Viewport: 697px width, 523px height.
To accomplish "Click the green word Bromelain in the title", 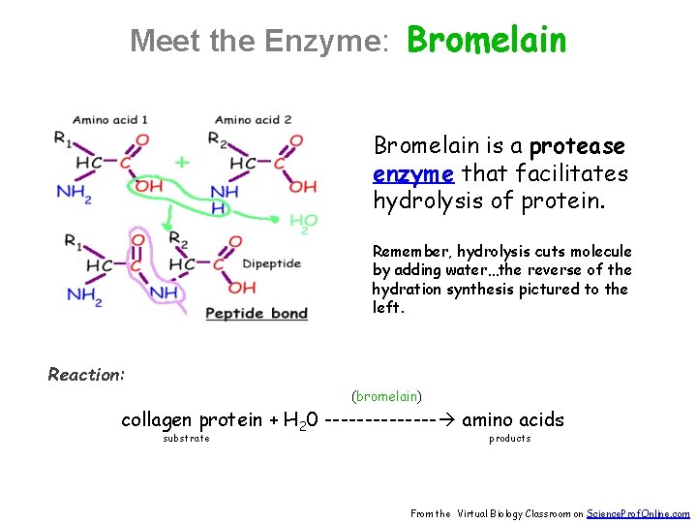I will [486, 40].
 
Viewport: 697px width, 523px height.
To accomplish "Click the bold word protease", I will [577, 146].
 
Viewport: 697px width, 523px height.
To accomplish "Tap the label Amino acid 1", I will [110, 120].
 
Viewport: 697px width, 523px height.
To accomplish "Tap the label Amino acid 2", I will [254, 120].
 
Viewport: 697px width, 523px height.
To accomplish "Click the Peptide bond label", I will [257, 313].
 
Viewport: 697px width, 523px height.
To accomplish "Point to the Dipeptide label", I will [271, 263].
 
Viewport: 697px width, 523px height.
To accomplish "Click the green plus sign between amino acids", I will [182, 162].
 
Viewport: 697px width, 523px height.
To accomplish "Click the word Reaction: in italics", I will [86, 375].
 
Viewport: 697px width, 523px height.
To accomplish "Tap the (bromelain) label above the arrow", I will [386, 395].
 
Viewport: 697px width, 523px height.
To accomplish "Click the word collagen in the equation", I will [158, 419].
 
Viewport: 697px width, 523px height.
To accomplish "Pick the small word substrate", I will [185, 439].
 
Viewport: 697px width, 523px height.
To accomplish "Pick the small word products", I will [509, 439].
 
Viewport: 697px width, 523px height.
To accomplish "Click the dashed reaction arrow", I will [391, 420].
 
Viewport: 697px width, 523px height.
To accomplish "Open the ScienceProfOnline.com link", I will [638, 514].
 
